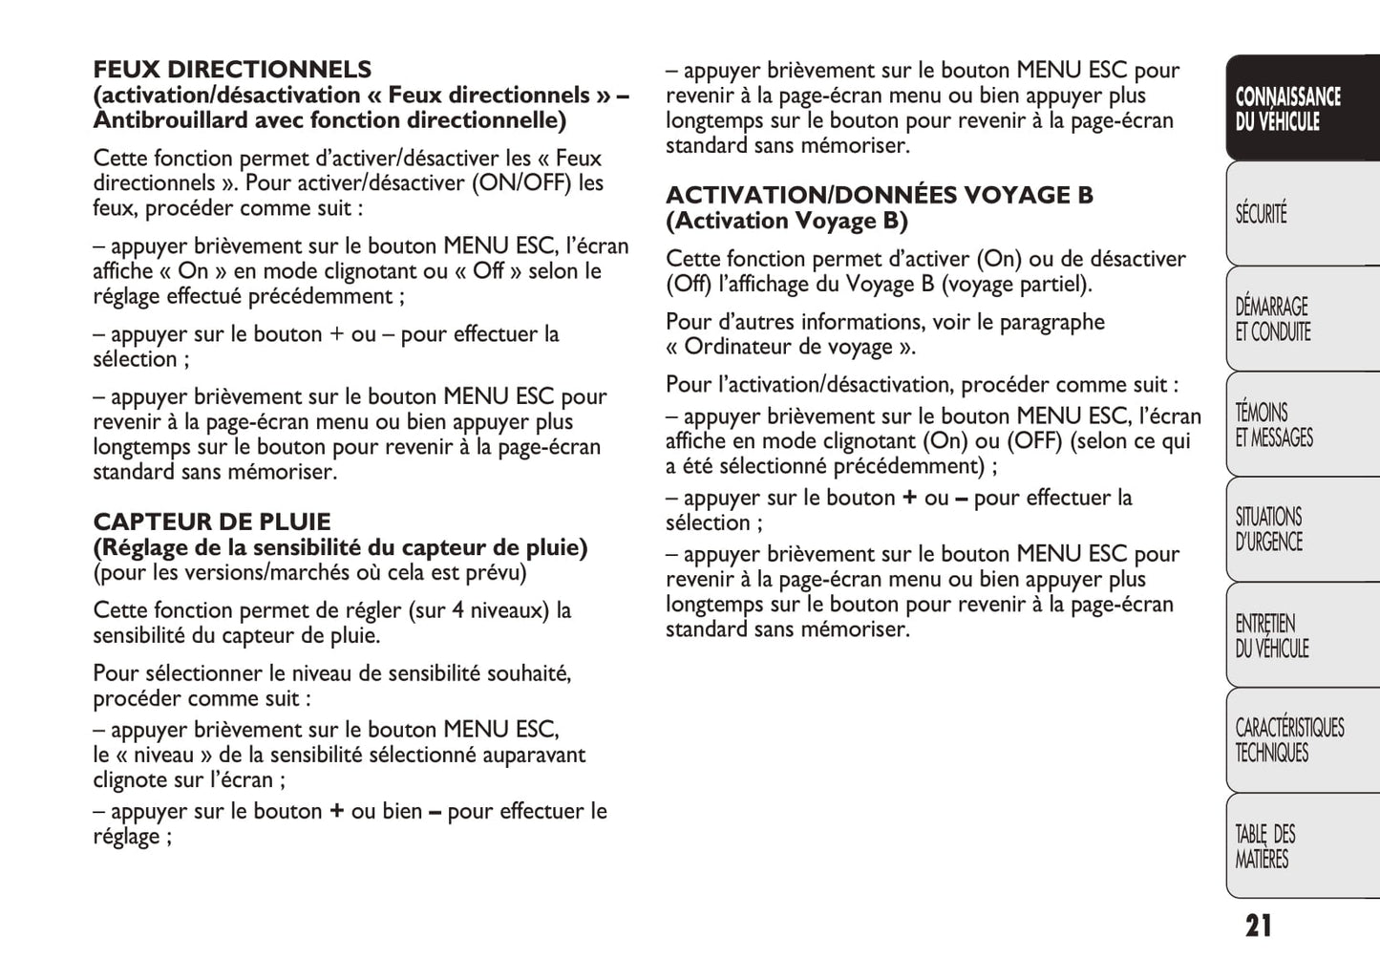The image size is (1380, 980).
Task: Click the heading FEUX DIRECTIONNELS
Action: [x=232, y=70]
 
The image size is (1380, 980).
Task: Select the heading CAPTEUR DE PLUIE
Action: [x=211, y=522]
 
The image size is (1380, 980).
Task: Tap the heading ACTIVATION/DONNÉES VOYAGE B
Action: [x=879, y=196]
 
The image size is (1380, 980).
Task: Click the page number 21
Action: [x=1258, y=926]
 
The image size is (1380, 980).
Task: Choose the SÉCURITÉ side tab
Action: [x=1262, y=213]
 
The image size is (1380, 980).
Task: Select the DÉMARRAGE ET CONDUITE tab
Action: [x=1273, y=319]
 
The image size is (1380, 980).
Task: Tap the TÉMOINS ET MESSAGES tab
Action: [x=1274, y=425]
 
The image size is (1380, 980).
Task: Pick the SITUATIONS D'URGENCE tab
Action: [x=1269, y=529]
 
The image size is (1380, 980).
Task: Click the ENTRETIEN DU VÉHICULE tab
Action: [x=1272, y=635]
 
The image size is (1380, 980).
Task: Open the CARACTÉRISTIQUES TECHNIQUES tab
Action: [x=1289, y=739]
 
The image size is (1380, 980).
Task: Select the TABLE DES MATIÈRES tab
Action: [x=1265, y=846]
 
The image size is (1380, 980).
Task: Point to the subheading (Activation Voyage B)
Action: [x=786, y=222]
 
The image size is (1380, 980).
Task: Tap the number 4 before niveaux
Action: [x=458, y=610]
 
